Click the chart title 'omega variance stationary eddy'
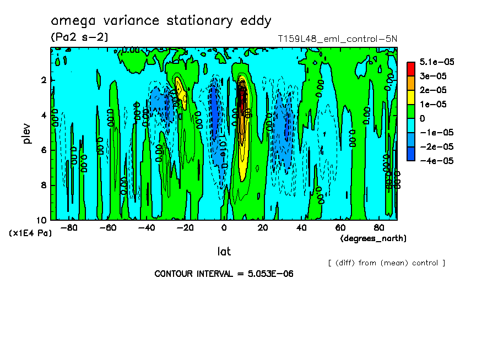161,21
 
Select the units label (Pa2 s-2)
79,37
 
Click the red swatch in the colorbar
410,68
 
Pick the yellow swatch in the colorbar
410,97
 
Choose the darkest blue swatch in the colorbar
410,154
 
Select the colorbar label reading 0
423,118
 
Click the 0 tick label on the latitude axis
224,228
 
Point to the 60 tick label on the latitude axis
340,228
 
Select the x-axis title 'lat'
224,252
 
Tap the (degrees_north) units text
373,238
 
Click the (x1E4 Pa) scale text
30,233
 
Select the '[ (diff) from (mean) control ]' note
386,263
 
